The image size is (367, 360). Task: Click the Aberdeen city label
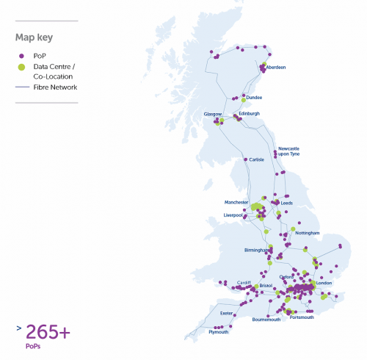tap(276, 68)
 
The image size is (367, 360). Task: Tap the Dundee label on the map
tap(254, 97)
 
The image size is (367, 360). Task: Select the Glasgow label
tap(213, 114)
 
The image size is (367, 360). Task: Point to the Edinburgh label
tap(250, 113)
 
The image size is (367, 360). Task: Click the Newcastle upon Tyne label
tap(289, 151)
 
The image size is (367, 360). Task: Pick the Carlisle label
tap(256, 159)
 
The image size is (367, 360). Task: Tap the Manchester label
tap(236, 201)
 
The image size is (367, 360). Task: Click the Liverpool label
tap(234, 215)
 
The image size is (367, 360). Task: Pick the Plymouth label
tap(219, 332)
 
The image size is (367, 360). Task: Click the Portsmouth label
tap(302, 317)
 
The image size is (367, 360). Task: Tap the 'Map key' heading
tap(34, 37)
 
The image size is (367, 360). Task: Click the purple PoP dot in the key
tap(21, 55)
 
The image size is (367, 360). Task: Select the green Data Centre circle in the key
tap(21, 67)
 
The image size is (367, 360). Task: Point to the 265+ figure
tap(48, 332)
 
